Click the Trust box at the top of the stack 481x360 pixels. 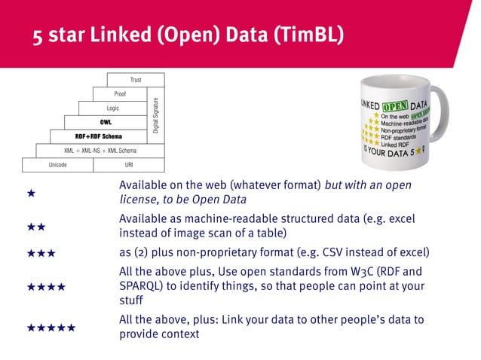pos(136,80)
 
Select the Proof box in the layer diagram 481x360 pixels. pos(120,94)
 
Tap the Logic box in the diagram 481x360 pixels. pos(113,108)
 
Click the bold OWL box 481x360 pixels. pos(106,122)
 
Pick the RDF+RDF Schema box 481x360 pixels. pos(99,136)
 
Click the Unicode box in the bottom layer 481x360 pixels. pos(58,165)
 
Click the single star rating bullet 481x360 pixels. pos(31,194)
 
